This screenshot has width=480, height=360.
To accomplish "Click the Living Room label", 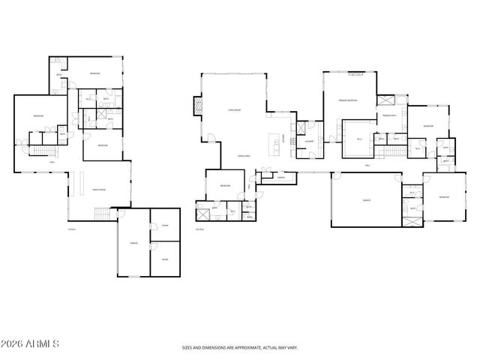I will pos(233,110).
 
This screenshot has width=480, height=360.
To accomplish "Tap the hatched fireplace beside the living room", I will pos(198,106).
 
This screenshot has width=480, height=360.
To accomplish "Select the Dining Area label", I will pos(243,155).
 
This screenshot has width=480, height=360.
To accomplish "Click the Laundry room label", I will pos(308,140).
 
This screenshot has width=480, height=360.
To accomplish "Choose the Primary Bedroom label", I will pos(348,100).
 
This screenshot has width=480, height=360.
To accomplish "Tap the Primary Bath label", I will pos(389,116).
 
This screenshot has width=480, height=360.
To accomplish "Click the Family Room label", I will pos(99,190).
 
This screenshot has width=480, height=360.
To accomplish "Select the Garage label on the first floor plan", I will pos(133,243).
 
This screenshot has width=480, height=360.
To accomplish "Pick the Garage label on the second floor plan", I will pos(366,200).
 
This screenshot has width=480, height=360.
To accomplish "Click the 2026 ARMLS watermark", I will pos(31,344).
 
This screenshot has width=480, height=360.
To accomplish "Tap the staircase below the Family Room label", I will pos(100,215).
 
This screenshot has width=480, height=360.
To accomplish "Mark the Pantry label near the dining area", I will pos(280,178).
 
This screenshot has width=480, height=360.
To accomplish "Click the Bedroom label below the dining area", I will pos(224,185).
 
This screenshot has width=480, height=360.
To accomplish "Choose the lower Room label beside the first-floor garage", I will pos(164,259).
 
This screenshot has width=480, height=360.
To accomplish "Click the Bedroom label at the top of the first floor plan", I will pos(95,73).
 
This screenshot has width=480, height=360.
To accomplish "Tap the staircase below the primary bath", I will pos(394,152).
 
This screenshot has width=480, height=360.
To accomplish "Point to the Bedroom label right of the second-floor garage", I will pos(443,196).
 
